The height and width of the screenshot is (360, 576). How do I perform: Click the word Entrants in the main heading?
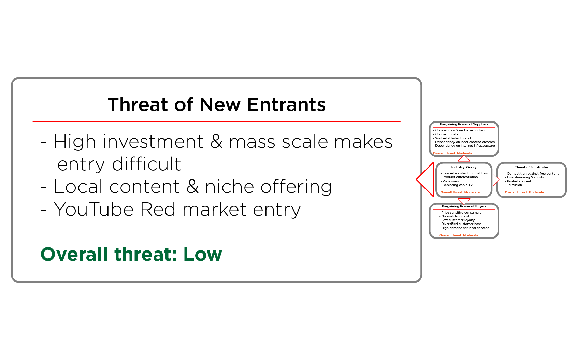[x=286, y=104]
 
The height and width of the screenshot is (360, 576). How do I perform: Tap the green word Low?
[x=203, y=254]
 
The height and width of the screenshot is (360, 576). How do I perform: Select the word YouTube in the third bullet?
[x=93, y=209]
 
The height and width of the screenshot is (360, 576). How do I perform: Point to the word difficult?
[x=146, y=164]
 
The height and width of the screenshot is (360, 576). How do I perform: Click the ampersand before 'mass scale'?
[x=216, y=142]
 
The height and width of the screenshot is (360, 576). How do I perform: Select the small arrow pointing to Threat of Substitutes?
[x=496, y=179]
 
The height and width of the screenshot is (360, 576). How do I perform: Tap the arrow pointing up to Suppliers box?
[x=464, y=159]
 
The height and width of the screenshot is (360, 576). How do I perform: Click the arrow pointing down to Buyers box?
[x=464, y=201]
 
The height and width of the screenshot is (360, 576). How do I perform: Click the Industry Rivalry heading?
[x=464, y=167]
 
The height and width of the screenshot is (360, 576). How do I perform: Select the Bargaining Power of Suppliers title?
[x=464, y=124]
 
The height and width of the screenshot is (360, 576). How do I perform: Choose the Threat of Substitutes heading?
[x=531, y=167]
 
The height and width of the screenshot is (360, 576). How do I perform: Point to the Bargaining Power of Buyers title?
[x=464, y=206]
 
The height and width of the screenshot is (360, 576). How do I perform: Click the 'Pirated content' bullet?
[x=519, y=181]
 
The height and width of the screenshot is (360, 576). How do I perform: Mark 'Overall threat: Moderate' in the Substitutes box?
[x=524, y=192]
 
